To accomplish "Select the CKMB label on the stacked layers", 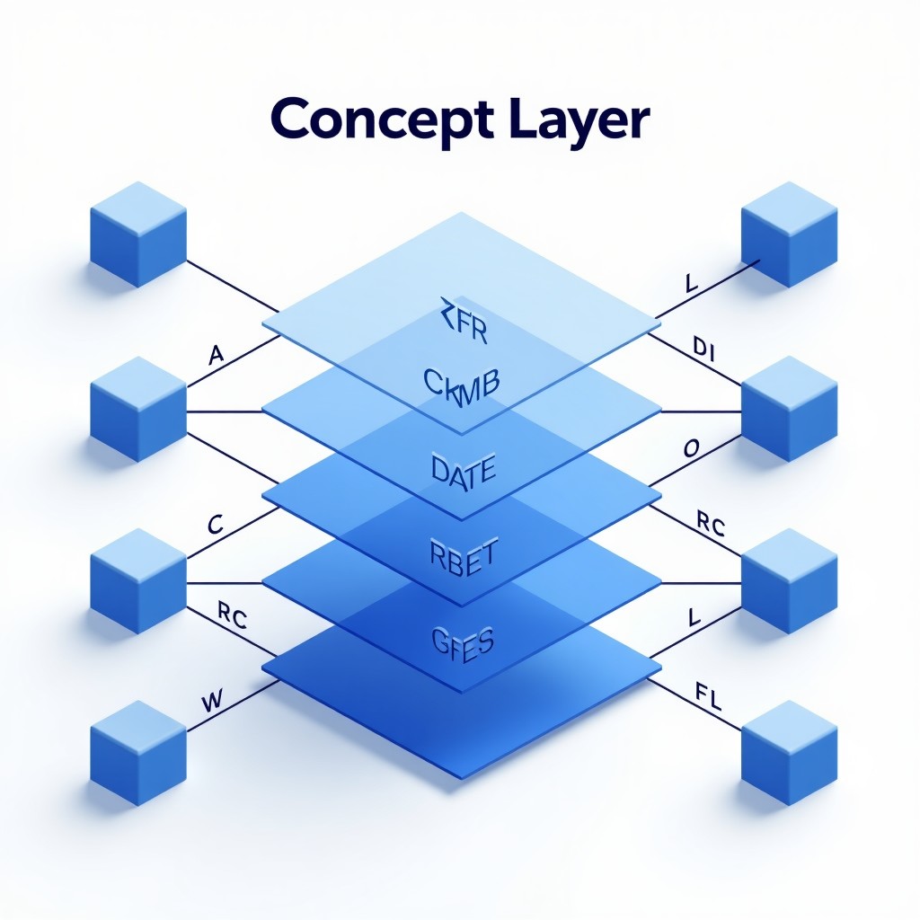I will (459, 385).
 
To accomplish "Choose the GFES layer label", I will (459, 641).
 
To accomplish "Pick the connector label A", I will (216, 355).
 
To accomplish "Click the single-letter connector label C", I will (215, 525).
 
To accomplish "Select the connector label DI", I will (703, 347).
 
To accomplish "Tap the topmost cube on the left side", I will (137, 234).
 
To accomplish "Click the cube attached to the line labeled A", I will (137, 408).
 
